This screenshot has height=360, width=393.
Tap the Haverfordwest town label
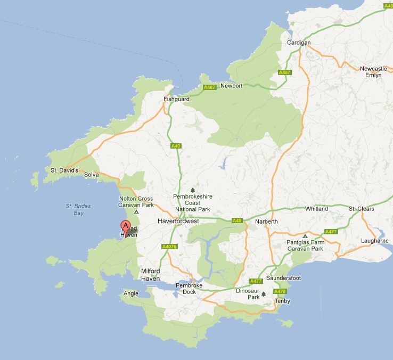tap(178, 220)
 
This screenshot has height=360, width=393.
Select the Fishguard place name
tap(176, 99)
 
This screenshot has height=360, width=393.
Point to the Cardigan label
tap(298, 43)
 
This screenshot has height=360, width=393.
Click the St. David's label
tap(64, 170)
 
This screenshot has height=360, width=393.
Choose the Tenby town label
tap(282, 301)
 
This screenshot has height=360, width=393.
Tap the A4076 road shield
tap(169, 247)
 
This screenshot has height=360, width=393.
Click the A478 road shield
tap(280, 291)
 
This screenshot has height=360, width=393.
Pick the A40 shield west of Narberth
tap(237, 220)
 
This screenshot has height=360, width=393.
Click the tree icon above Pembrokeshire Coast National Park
tap(192, 190)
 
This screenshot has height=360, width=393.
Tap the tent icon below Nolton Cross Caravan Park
tap(136, 212)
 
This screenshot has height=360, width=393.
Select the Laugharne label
tap(375, 241)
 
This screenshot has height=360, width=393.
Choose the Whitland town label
tap(316, 209)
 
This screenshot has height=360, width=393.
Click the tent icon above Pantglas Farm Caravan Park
tap(305, 236)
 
